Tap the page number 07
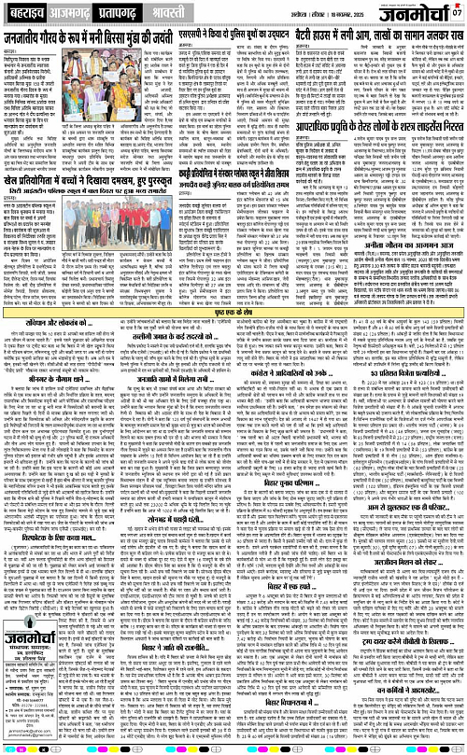click(x=458, y=13)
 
